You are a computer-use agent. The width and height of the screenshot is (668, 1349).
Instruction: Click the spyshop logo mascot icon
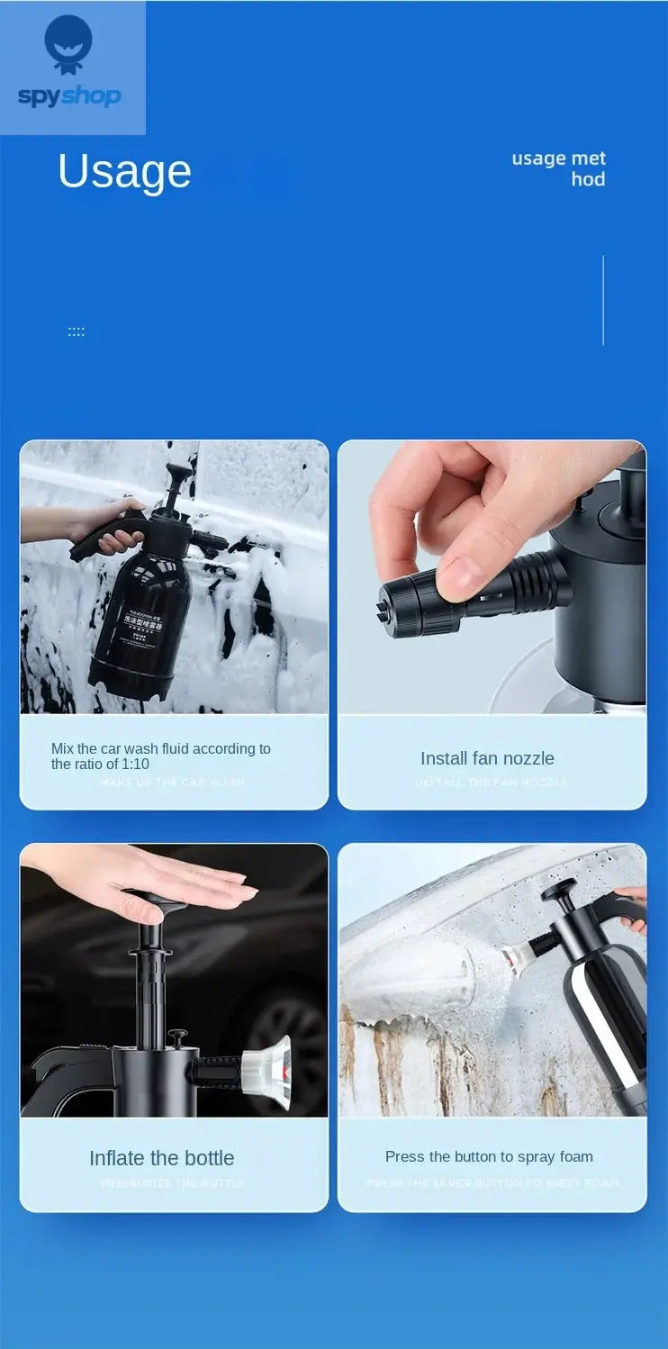pyautogui.click(x=68, y=43)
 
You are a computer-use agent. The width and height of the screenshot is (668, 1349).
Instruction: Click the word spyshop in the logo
pyautogui.click(x=69, y=95)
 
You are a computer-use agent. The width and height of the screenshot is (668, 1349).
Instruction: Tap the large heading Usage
pyautogui.click(x=124, y=171)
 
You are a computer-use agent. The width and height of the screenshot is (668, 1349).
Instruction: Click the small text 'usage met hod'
pyautogui.click(x=560, y=168)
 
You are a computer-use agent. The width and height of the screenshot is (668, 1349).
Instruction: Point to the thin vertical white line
pyautogui.click(x=603, y=300)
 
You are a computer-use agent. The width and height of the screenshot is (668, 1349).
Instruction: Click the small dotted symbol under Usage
pyautogui.click(x=77, y=332)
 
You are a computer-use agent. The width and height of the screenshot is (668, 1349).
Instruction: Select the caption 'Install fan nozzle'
pyautogui.click(x=487, y=758)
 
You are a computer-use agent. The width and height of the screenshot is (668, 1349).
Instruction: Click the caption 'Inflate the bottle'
pyautogui.click(x=161, y=1158)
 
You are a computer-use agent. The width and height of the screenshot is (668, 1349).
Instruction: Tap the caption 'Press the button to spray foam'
pyautogui.click(x=489, y=1156)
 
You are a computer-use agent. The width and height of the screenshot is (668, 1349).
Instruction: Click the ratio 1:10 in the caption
pyautogui.click(x=136, y=765)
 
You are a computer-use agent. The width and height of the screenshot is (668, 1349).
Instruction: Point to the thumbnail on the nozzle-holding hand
pyautogui.click(x=465, y=573)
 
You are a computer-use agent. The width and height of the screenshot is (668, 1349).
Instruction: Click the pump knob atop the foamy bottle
pyautogui.click(x=181, y=472)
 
